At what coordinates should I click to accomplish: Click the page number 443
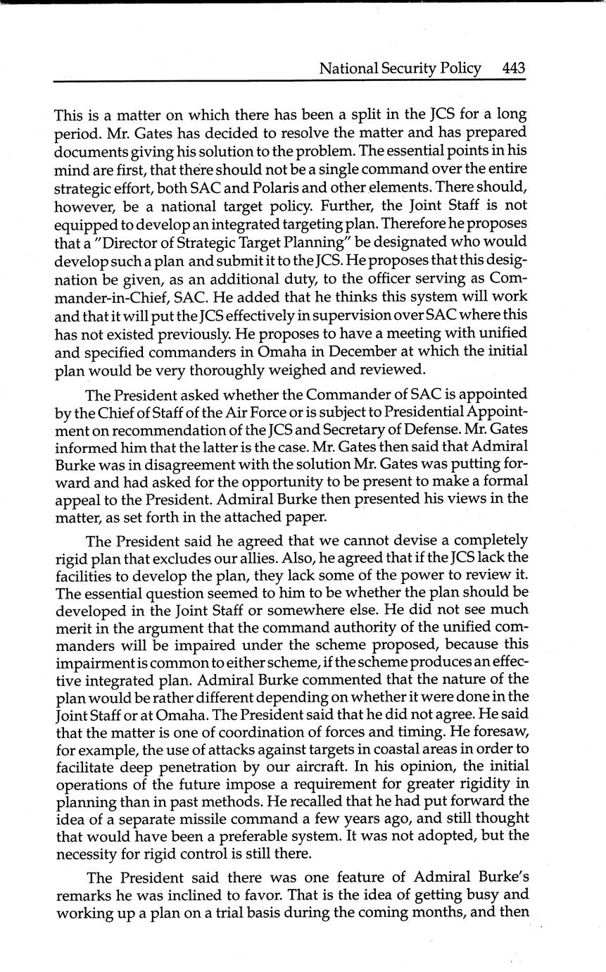514,68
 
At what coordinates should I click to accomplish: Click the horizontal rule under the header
289,81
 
